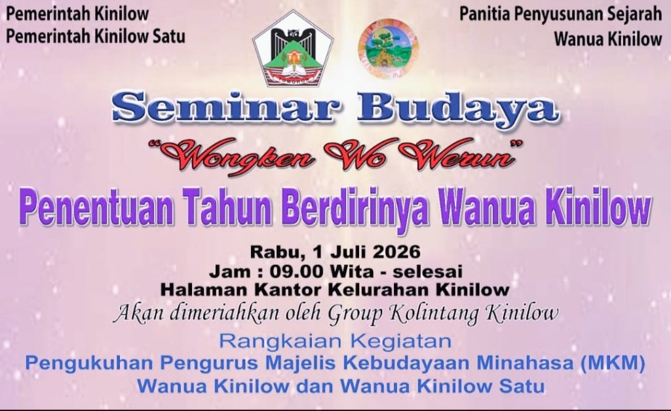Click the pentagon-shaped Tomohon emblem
tap(293, 49)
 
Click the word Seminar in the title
tap(226, 107)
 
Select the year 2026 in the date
tap(396, 251)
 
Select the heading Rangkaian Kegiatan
tap(335, 342)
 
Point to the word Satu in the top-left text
tap(168, 35)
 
